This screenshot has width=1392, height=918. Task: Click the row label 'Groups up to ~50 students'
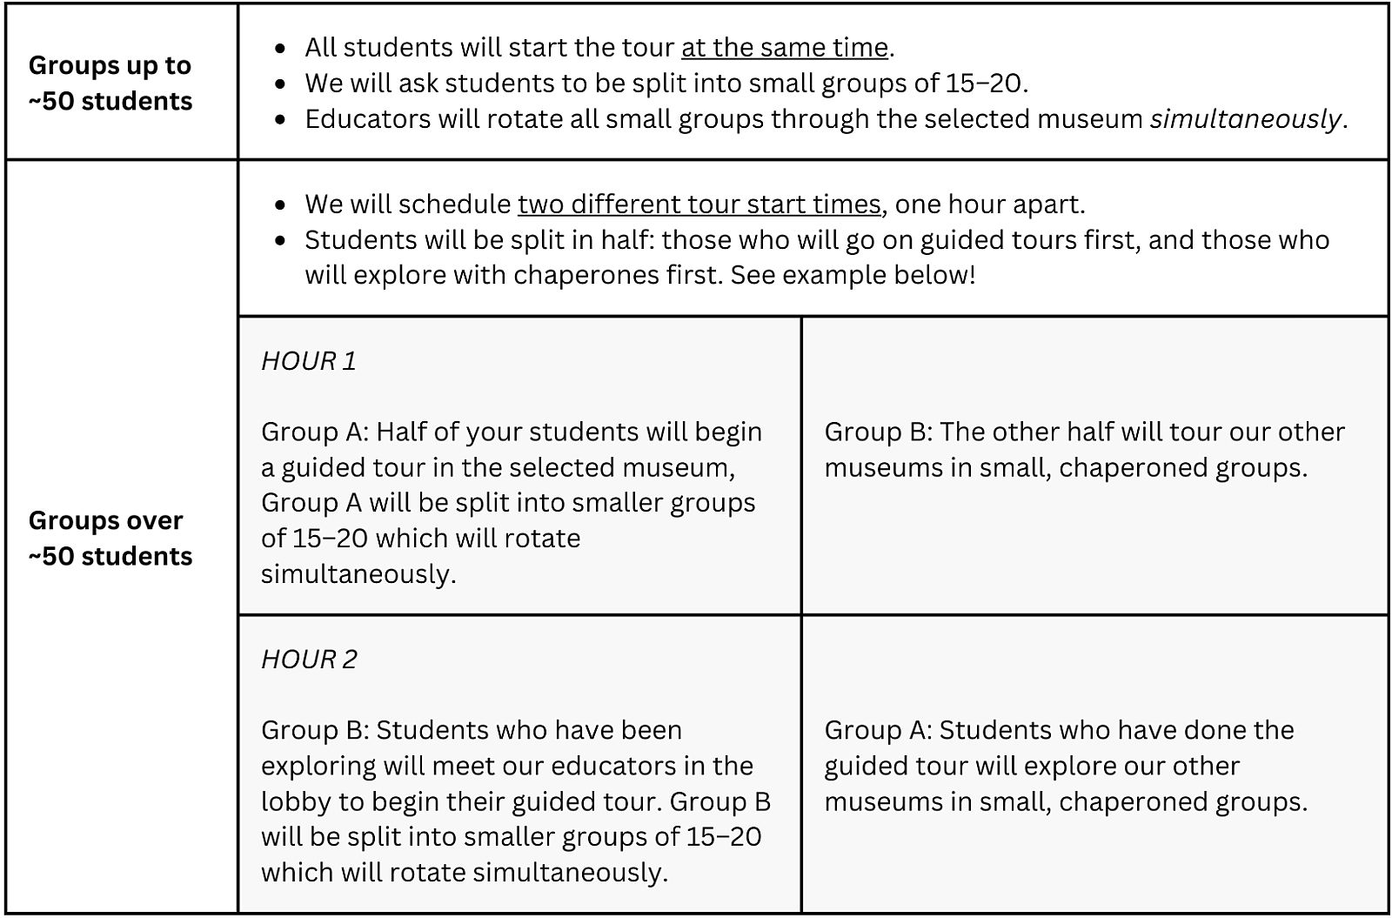click(x=110, y=83)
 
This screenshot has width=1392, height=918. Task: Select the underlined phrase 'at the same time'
click(x=784, y=47)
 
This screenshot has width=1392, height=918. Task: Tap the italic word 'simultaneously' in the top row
click(x=1245, y=118)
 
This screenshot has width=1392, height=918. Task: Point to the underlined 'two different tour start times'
click(x=699, y=204)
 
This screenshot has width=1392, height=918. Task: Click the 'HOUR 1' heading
click(x=309, y=360)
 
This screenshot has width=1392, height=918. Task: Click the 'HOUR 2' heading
click(x=309, y=659)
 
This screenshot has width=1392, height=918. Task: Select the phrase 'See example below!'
click(x=853, y=275)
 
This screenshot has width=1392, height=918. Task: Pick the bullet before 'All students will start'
click(x=280, y=48)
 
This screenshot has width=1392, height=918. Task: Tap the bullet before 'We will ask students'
click(x=280, y=84)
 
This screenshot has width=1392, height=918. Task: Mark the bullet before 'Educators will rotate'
click(x=280, y=119)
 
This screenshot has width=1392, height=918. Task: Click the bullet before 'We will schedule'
click(x=280, y=204)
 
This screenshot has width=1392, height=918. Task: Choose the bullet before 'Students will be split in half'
click(x=280, y=240)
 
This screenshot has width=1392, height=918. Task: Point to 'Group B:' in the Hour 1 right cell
click(x=878, y=432)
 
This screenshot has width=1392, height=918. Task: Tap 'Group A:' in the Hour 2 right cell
click(x=878, y=730)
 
